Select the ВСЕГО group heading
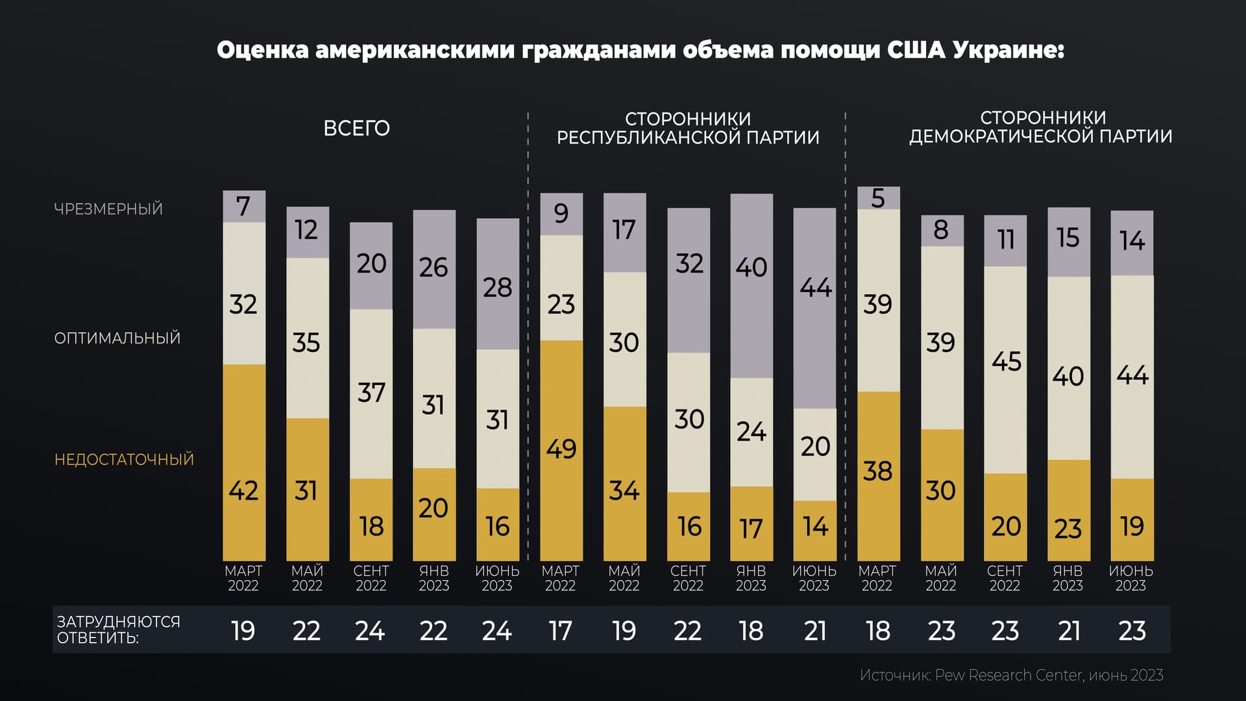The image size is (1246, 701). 356,129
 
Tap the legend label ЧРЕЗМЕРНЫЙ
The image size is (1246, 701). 108,209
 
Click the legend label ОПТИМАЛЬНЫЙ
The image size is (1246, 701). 117,338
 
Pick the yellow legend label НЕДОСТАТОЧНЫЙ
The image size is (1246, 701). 124,460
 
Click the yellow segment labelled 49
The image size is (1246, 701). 561,450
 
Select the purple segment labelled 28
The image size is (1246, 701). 498,286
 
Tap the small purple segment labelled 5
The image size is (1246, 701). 878,198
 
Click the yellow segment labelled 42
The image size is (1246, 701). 244,462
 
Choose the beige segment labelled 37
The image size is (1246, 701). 371,393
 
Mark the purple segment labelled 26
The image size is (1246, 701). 434,269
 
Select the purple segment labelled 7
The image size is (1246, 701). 244,206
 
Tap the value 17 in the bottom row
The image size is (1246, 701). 560,631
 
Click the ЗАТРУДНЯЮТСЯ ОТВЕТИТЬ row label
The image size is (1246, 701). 118,630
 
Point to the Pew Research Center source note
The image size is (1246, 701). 1010,676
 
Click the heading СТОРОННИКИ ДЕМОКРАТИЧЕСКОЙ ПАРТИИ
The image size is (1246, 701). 1040,127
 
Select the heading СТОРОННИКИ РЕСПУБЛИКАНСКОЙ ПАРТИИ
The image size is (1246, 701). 688,129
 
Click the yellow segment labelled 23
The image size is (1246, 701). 1068,510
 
